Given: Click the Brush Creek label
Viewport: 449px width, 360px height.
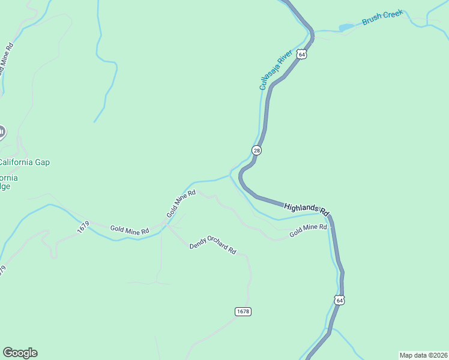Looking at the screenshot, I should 382,18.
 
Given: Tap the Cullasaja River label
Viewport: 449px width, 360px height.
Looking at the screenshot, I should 276,70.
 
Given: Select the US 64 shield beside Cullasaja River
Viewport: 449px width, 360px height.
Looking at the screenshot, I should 302,54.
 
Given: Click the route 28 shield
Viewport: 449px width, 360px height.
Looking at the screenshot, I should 257,150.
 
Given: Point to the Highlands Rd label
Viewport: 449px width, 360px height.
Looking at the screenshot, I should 307,208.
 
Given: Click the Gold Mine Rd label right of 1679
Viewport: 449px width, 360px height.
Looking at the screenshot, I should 130,229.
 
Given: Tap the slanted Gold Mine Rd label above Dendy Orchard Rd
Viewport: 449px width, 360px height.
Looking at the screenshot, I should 181,204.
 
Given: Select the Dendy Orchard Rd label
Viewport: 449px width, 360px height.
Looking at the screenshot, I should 212,243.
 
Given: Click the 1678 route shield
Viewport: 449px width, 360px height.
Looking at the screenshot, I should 243,311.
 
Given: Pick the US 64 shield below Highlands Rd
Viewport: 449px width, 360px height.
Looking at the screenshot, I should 339,300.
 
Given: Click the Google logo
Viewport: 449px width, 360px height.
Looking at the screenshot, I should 20,353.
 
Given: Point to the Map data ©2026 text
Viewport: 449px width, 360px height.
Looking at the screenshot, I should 423,355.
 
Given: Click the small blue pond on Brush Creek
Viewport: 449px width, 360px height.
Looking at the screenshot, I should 346,27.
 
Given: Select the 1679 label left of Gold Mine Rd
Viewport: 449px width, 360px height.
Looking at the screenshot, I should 83,227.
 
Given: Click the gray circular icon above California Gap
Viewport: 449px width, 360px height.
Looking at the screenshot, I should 1,133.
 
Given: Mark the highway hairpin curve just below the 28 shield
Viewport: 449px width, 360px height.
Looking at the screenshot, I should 241,176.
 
